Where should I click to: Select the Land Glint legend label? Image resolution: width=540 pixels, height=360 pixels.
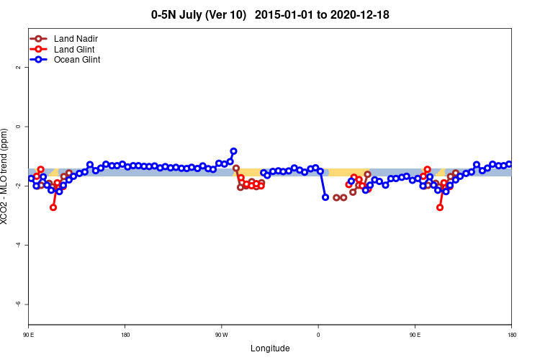pos(74,49)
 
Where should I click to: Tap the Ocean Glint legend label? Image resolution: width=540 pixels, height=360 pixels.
pos(77,60)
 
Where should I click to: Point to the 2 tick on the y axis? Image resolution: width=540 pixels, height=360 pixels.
pos(17,67)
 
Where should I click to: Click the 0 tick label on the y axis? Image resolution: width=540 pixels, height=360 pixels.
pos(17,126)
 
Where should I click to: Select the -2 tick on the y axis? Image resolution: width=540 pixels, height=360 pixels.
pos(17,186)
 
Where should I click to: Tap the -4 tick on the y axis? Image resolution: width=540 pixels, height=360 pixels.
pos(17,245)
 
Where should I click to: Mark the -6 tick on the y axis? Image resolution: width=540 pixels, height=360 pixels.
pos(17,304)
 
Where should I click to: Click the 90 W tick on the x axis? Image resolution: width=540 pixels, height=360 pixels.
pos(221,335)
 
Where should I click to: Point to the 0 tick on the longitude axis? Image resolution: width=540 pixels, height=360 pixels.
pos(318,335)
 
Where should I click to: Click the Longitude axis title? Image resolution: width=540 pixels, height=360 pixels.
pos(270,348)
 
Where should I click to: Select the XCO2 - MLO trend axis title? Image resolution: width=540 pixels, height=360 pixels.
pos(6,176)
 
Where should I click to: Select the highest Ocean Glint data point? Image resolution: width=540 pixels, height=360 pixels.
pos(233,151)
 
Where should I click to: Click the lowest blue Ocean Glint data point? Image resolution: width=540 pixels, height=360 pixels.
pos(325,197)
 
